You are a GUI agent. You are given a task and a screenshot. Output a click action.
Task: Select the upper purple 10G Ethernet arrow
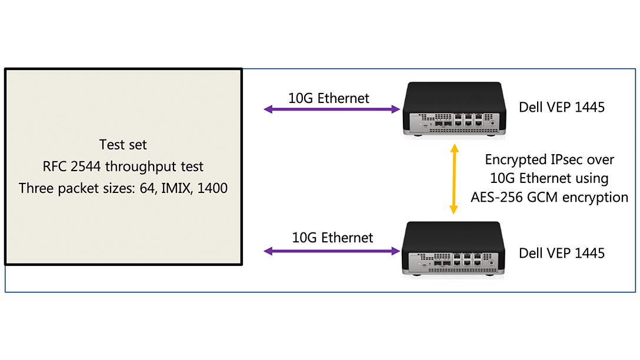tap(332, 109)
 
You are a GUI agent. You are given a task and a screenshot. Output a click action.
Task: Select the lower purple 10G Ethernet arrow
tap(332, 252)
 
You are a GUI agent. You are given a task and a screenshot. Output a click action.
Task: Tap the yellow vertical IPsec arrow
tap(454, 180)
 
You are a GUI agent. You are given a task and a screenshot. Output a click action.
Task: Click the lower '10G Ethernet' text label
tap(332, 238)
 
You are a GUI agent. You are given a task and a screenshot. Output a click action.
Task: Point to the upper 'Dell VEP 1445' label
tap(562, 107)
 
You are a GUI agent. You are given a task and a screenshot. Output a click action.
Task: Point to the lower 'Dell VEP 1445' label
tap(562, 253)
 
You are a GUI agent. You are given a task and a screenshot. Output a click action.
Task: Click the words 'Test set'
tap(123, 144)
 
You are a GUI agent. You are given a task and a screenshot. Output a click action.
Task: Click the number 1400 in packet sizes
tap(212, 189)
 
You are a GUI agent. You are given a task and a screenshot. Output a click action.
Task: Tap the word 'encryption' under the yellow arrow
tap(594, 197)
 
